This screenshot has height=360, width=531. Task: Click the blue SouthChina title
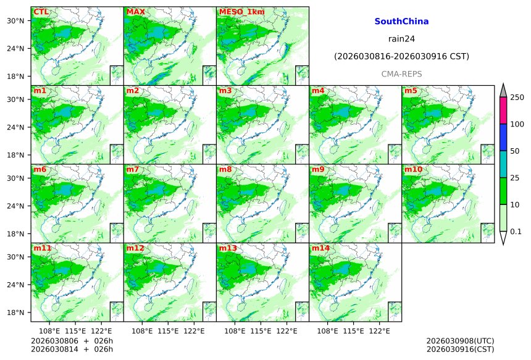(401, 21)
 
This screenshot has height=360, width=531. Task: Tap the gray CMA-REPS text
(401, 74)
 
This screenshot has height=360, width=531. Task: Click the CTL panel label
(41, 12)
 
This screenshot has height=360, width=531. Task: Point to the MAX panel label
(135, 12)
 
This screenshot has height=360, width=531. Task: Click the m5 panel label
(411, 91)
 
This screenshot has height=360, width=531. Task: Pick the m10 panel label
(413, 169)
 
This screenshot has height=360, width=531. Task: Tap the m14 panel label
(320, 248)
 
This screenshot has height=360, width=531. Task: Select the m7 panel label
(133, 169)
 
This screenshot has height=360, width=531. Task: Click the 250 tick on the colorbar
(517, 98)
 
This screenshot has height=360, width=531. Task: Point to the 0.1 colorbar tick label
(516, 232)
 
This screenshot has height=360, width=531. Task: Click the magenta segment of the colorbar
(503, 111)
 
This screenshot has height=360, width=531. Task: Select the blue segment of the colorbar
(503, 137)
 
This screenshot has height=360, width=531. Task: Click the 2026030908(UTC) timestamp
(460, 340)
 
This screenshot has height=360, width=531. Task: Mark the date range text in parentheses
(401, 56)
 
